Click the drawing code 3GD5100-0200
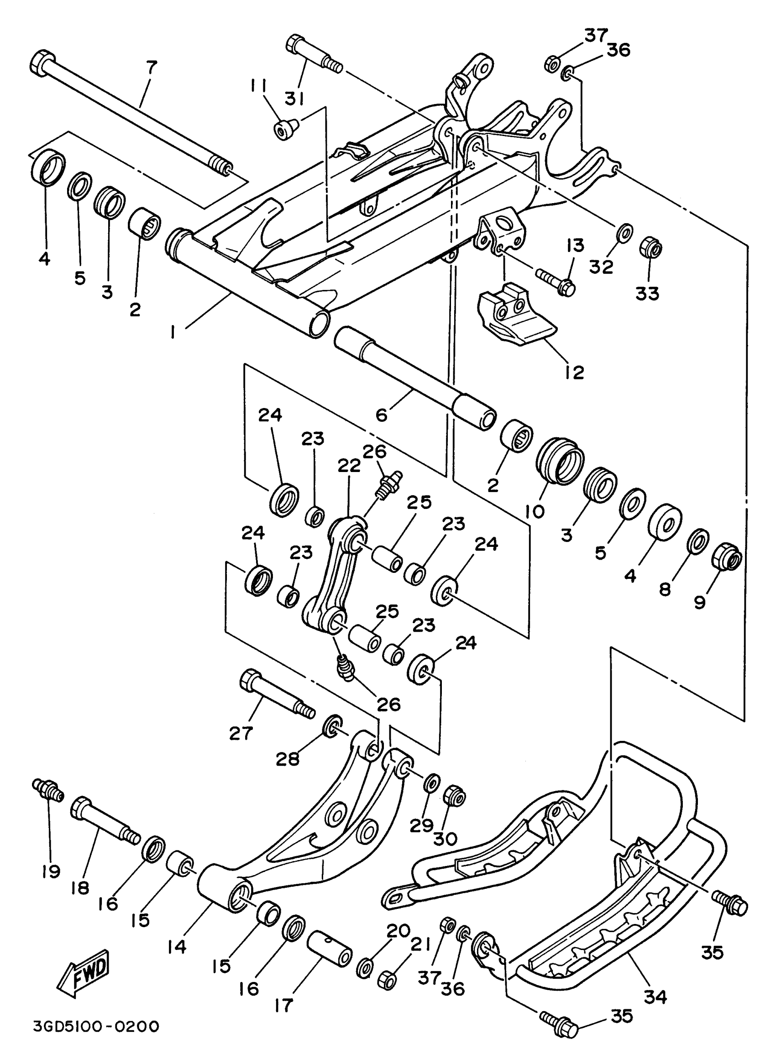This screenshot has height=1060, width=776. (96, 1027)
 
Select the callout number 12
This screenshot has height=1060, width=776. (575, 372)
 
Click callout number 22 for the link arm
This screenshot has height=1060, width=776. (349, 466)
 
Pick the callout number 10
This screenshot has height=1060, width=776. (535, 511)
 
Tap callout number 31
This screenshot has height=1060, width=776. (295, 99)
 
